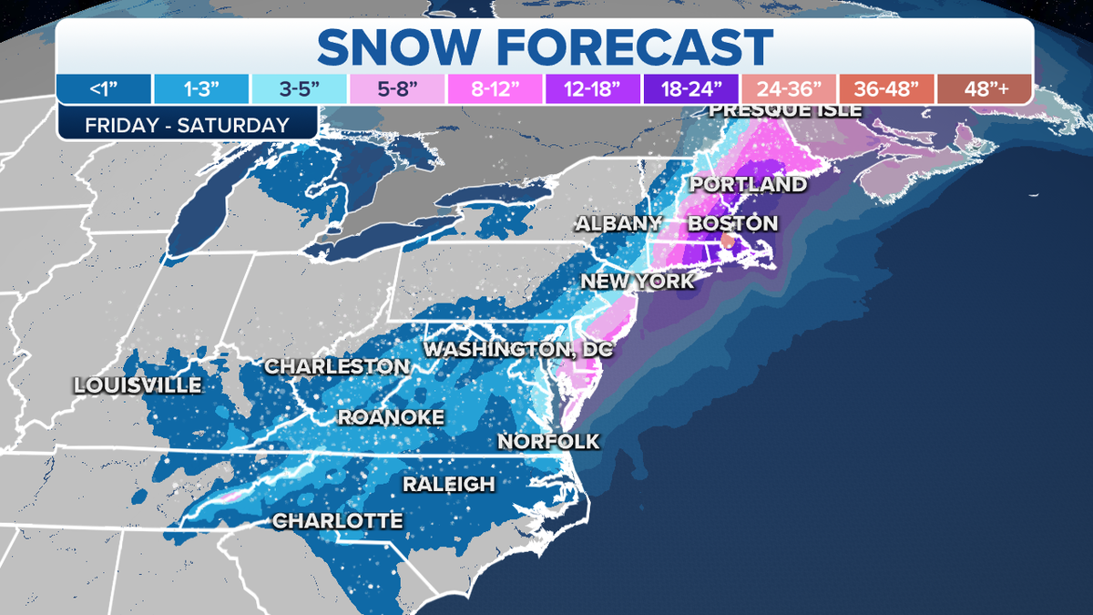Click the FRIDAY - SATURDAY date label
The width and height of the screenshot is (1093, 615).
click(x=187, y=125)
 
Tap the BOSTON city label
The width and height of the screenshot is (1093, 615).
click(x=733, y=223)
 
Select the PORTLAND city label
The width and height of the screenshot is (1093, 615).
click(x=748, y=184)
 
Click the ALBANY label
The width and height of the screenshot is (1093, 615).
click(x=618, y=223)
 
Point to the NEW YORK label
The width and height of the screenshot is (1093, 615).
click(x=638, y=281)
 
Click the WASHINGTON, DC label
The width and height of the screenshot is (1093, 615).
click(x=519, y=349)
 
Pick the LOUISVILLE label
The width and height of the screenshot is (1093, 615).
click(x=138, y=384)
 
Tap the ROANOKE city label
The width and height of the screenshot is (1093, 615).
click(x=391, y=417)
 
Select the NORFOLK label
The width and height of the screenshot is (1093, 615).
click(x=549, y=441)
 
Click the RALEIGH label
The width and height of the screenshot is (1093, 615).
click(x=449, y=484)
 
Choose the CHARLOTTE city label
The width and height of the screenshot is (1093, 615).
click(x=338, y=521)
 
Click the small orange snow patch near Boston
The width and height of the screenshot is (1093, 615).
click(x=727, y=240)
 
